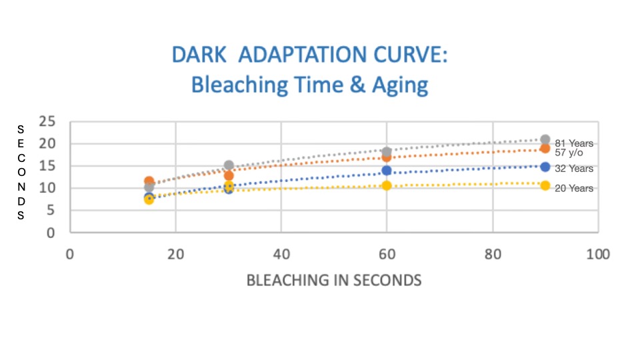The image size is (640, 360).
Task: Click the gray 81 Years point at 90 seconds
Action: [545, 140]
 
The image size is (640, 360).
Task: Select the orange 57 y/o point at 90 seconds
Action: [545, 149]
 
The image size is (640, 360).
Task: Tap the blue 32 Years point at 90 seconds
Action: [545, 167]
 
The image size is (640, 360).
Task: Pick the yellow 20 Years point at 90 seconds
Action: [545, 185]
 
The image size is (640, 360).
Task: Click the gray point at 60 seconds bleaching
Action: [387, 152]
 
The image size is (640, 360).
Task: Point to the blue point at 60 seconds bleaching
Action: [387, 171]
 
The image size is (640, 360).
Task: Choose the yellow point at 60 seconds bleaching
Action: [387, 185]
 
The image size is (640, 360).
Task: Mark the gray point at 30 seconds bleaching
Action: [229, 165]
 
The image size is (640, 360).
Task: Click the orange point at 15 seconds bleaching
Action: [149, 181]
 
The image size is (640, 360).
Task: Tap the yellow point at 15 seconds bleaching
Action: [149, 199]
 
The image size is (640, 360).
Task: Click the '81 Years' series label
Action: [574, 143]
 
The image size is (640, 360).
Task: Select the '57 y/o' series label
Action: [569, 153]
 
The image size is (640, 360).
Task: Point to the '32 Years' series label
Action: [574, 169]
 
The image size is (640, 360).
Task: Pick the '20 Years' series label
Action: [574, 189]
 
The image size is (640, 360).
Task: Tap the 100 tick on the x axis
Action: [598, 254]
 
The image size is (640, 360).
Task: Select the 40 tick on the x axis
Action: [281, 254]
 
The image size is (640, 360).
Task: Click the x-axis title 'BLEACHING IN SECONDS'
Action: [334, 280]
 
